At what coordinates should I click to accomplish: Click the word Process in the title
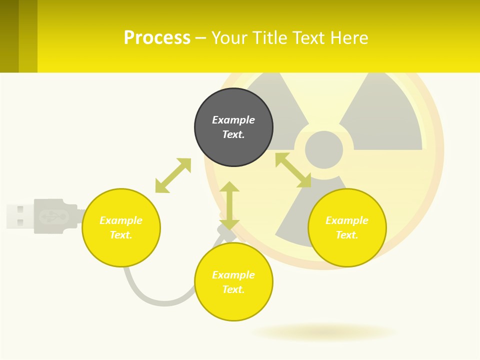point(157,38)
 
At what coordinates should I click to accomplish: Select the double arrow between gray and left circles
point(173,175)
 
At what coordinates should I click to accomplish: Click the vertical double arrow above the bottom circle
point(229,205)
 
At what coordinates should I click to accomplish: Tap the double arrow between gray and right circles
point(293,170)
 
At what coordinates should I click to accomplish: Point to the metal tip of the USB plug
point(19,216)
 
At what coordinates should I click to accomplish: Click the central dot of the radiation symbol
point(324,149)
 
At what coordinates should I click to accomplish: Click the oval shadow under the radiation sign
point(324,332)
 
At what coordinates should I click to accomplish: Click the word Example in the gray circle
point(233,120)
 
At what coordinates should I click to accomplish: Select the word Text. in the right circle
point(347,235)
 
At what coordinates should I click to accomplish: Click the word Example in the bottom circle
point(233,275)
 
